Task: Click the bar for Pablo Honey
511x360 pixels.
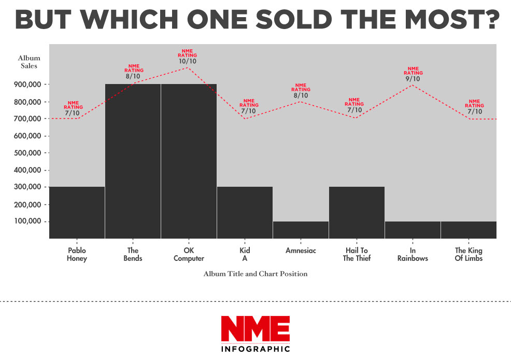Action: coord(77,212)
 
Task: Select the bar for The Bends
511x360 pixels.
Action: coord(133,161)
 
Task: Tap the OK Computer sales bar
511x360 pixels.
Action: coord(189,161)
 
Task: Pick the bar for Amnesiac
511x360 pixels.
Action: coord(301,230)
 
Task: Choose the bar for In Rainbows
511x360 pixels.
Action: coord(413,230)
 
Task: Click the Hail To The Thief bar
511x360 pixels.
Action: coord(357,212)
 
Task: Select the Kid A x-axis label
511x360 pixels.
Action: coord(245,254)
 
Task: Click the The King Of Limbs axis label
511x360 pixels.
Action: coord(468,254)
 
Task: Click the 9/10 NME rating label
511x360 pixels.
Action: coord(413,79)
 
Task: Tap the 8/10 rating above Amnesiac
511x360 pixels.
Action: coord(301,95)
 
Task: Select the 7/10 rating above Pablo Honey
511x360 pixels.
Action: coord(72,113)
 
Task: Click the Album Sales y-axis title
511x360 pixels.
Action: coord(29,62)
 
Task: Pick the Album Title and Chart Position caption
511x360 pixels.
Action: coord(255,273)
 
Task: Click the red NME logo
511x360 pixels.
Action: coord(255,328)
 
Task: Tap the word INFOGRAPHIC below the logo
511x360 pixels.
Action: coord(255,349)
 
